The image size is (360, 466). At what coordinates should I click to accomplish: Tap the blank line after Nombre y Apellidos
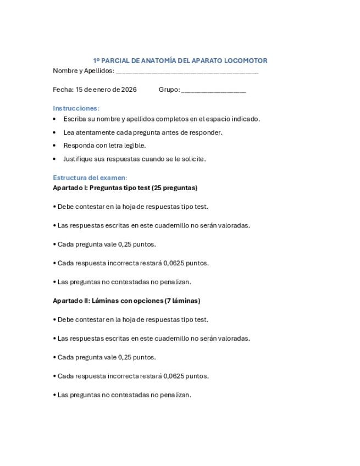pyautogui.click(x=187, y=71)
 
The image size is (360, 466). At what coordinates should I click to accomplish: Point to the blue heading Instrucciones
pyautogui.click(x=76, y=108)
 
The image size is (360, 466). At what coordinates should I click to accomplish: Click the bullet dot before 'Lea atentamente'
pyautogui.click(x=54, y=132)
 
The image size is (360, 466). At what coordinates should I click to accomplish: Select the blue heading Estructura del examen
pyautogui.click(x=90, y=177)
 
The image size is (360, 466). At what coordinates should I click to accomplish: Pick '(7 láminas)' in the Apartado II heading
pyautogui.click(x=182, y=301)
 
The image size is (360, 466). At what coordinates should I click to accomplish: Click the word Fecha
pyautogui.click(x=63, y=90)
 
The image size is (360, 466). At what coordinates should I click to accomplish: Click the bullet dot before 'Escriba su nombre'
pyautogui.click(x=54, y=119)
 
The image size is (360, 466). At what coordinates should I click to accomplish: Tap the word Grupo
pyautogui.click(x=168, y=90)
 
